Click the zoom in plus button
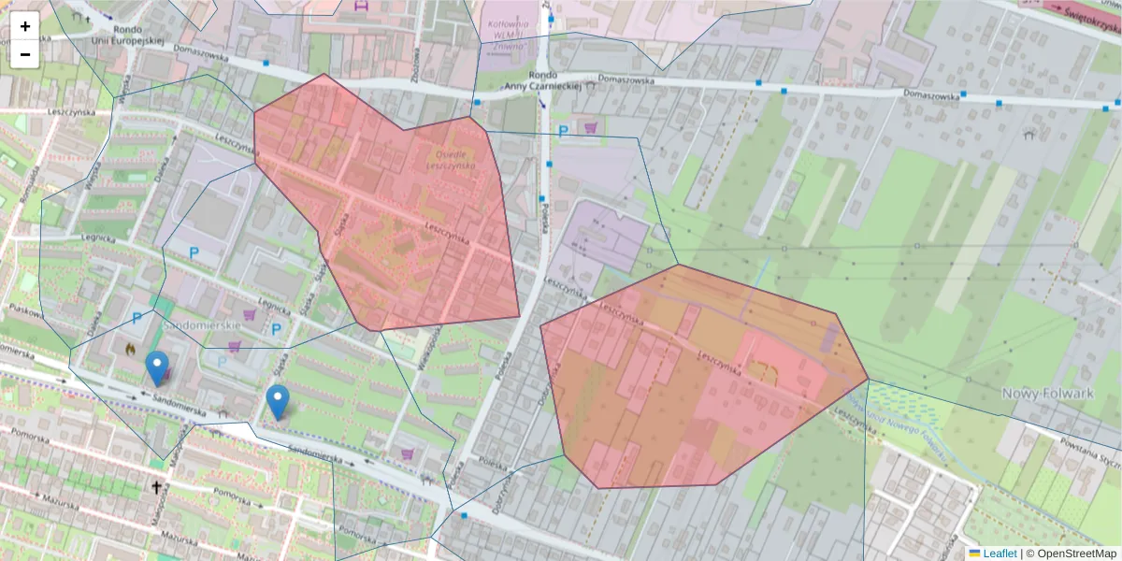pos(25,26)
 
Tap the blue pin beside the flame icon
pos(157,367)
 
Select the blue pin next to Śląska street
pos(277,401)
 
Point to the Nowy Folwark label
pos(1047,394)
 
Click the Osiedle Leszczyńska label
pos(451,159)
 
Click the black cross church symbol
pos(156,487)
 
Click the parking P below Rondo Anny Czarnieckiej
pos(563,132)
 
